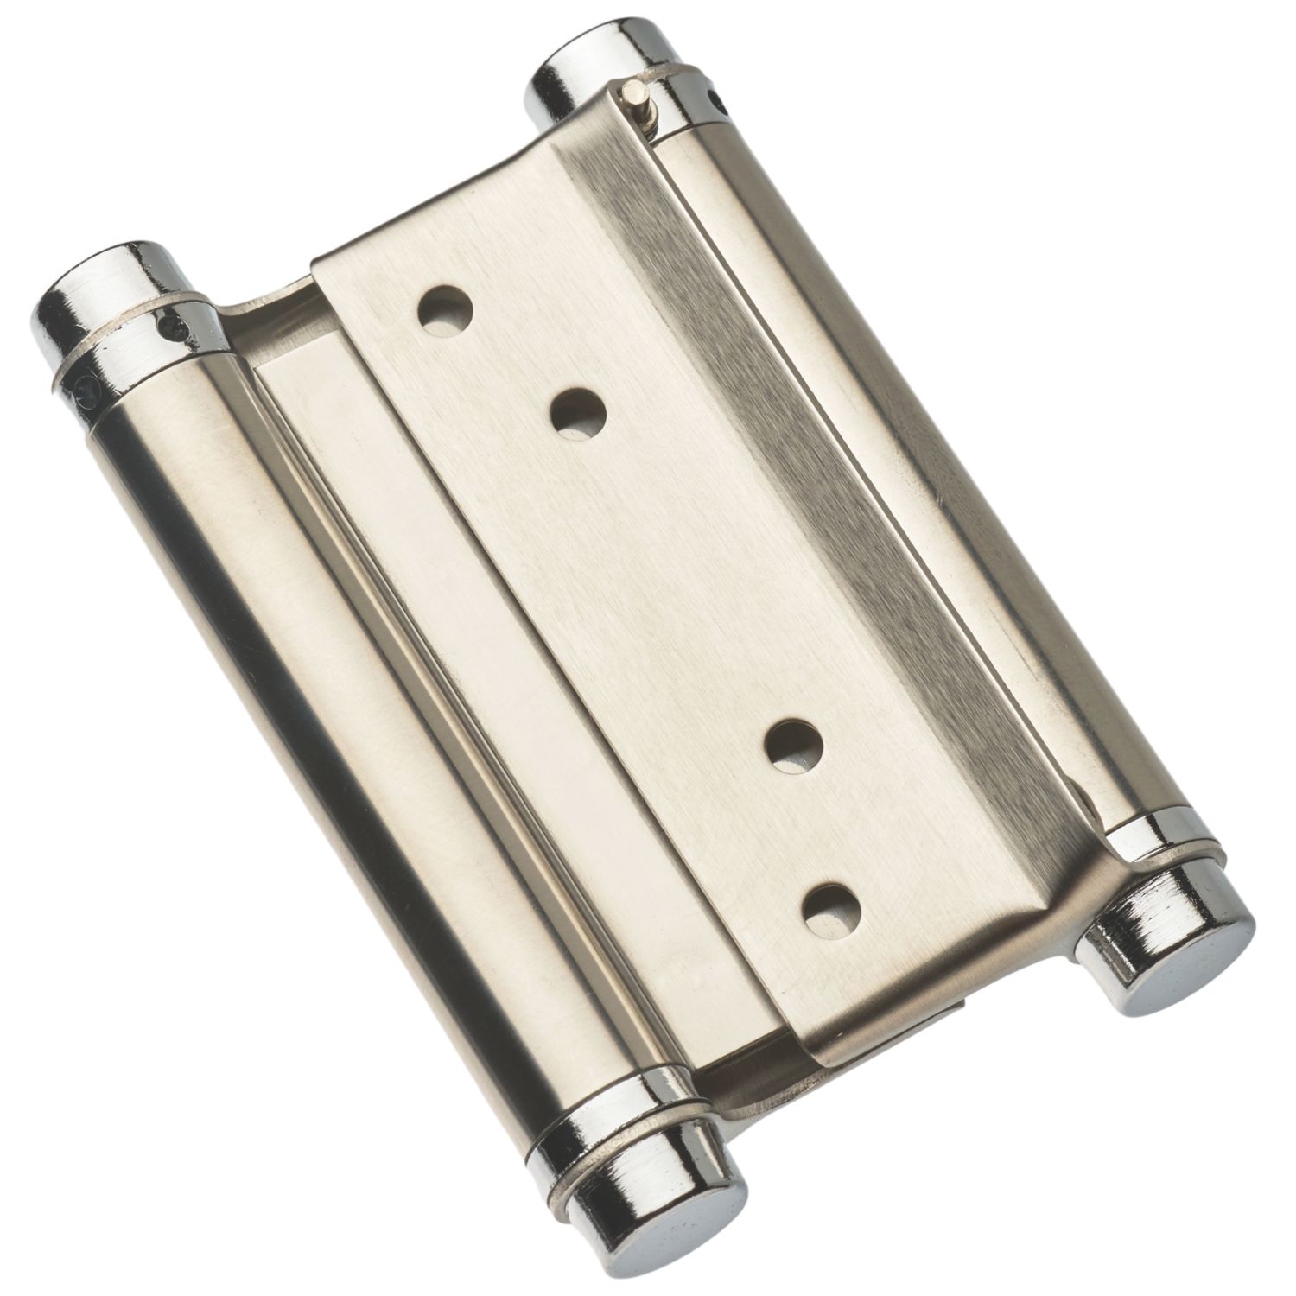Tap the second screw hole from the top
(578, 409)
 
